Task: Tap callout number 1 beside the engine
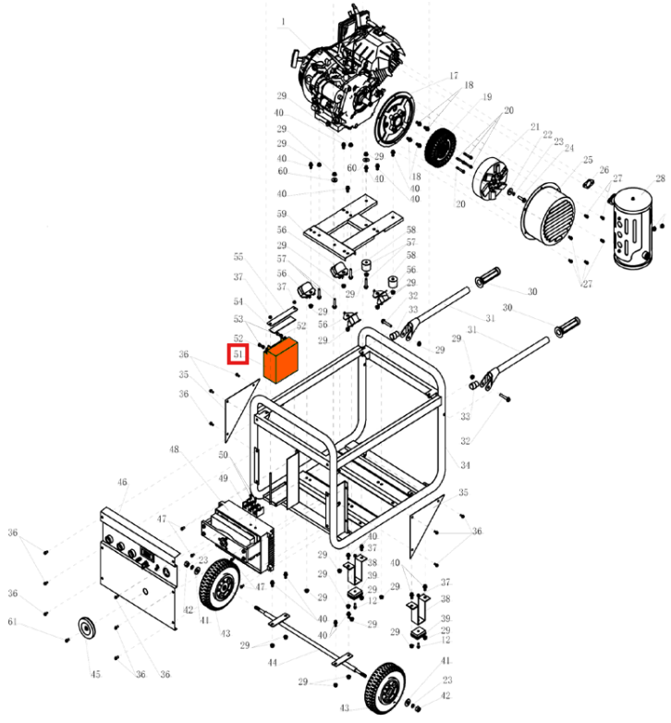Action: (x=283, y=21)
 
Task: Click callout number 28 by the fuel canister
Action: (x=660, y=178)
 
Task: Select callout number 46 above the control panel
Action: (x=122, y=483)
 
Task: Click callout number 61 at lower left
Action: (x=12, y=621)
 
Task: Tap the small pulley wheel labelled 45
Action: (x=90, y=629)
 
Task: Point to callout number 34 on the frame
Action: (x=465, y=465)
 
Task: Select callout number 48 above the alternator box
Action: (x=174, y=450)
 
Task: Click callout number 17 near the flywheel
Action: (x=454, y=76)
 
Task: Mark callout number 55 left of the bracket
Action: (x=238, y=257)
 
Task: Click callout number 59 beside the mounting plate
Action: (x=282, y=214)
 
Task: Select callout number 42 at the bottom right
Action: (x=446, y=695)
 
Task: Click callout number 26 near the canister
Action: (x=604, y=170)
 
